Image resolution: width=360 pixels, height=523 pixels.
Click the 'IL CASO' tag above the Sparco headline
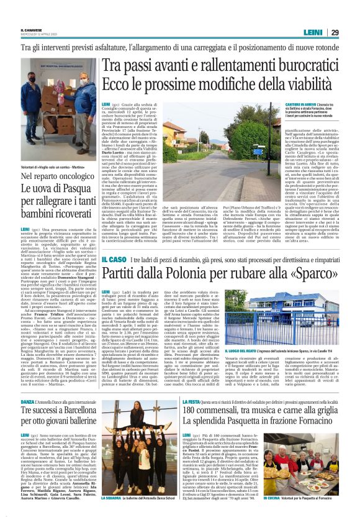pos(114,258)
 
